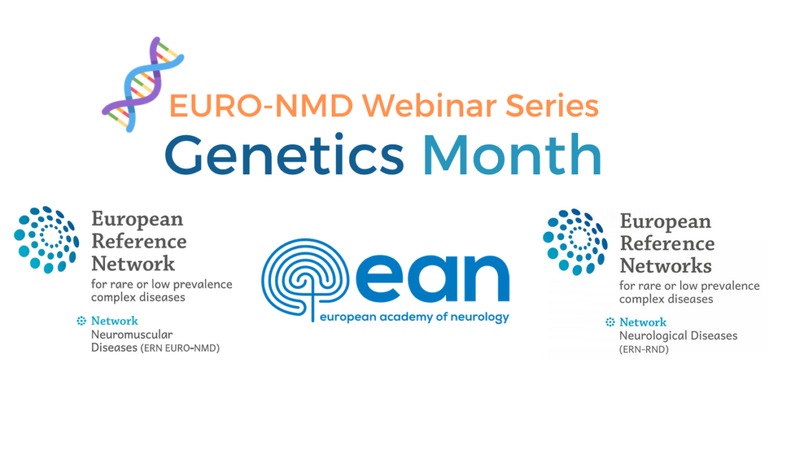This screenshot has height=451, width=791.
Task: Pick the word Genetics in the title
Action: pyautogui.click(x=284, y=155)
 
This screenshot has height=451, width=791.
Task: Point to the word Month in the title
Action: pyautogui.click(x=512, y=155)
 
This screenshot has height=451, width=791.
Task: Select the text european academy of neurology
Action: pyautogui.click(x=414, y=317)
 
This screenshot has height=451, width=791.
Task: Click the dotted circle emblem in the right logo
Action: pyautogui.click(x=575, y=241)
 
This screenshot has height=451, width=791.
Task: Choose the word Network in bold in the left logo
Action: pyautogui.click(x=133, y=263)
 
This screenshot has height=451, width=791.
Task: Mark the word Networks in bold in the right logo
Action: pyautogui.click(x=665, y=265)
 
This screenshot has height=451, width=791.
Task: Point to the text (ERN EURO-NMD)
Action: pyautogui.click(x=179, y=347)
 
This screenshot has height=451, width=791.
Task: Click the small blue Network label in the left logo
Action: pyautogui.click(x=114, y=321)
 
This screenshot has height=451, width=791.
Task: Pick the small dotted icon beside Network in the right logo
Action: pyautogui.click(x=610, y=323)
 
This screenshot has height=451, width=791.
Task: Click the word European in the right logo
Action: pyautogui.click(x=665, y=221)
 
